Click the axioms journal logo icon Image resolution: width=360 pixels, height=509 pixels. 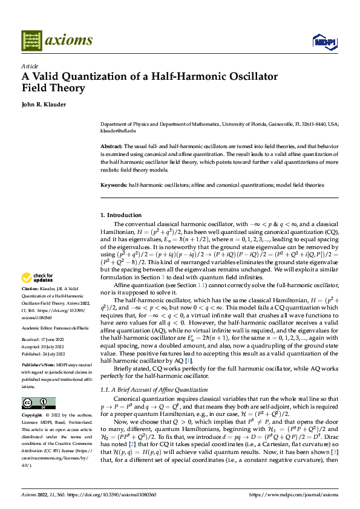[x=31, y=41]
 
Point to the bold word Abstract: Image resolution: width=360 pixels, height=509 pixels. [x=111, y=147]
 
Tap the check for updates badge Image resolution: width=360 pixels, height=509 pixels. [x=36, y=278]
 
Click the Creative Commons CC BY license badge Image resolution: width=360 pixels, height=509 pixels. [x=38, y=403]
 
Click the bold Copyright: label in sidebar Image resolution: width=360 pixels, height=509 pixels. [x=33, y=416]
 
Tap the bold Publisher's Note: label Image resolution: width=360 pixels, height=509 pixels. [x=39, y=366]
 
